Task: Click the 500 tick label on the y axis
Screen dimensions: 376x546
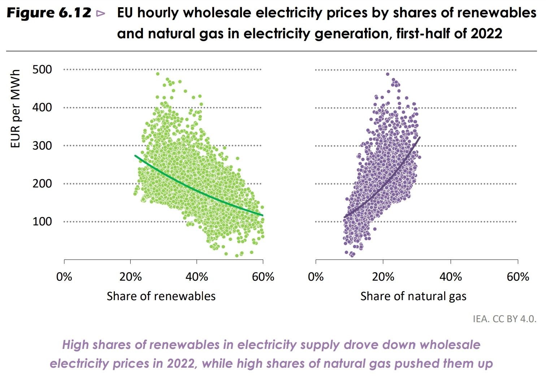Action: (42, 69)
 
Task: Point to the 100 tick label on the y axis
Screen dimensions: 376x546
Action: (42, 221)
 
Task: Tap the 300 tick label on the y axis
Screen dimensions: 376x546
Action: (42, 146)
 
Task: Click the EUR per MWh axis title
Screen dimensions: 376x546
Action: (15, 109)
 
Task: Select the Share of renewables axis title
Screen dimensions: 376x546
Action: (161, 296)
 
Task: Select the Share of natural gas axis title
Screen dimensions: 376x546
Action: (413, 296)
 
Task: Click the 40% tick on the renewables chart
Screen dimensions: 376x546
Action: (196, 277)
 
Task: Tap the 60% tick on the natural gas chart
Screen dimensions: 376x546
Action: (517, 277)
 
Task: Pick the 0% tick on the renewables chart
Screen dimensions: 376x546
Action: (64, 277)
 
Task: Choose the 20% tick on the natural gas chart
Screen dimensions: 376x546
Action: (383, 277)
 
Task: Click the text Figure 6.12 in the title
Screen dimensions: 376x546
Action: (49, 13)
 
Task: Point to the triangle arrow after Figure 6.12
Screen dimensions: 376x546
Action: (101, 14)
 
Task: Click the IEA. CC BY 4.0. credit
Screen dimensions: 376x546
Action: (504, 319)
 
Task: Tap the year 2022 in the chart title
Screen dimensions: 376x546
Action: (486, 34)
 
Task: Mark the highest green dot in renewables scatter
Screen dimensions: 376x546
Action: (158, 74)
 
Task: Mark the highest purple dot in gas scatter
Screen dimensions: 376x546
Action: (387, 74)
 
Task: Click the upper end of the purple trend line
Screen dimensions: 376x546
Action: (419, 137)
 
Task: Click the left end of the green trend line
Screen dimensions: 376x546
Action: (135, 156)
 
